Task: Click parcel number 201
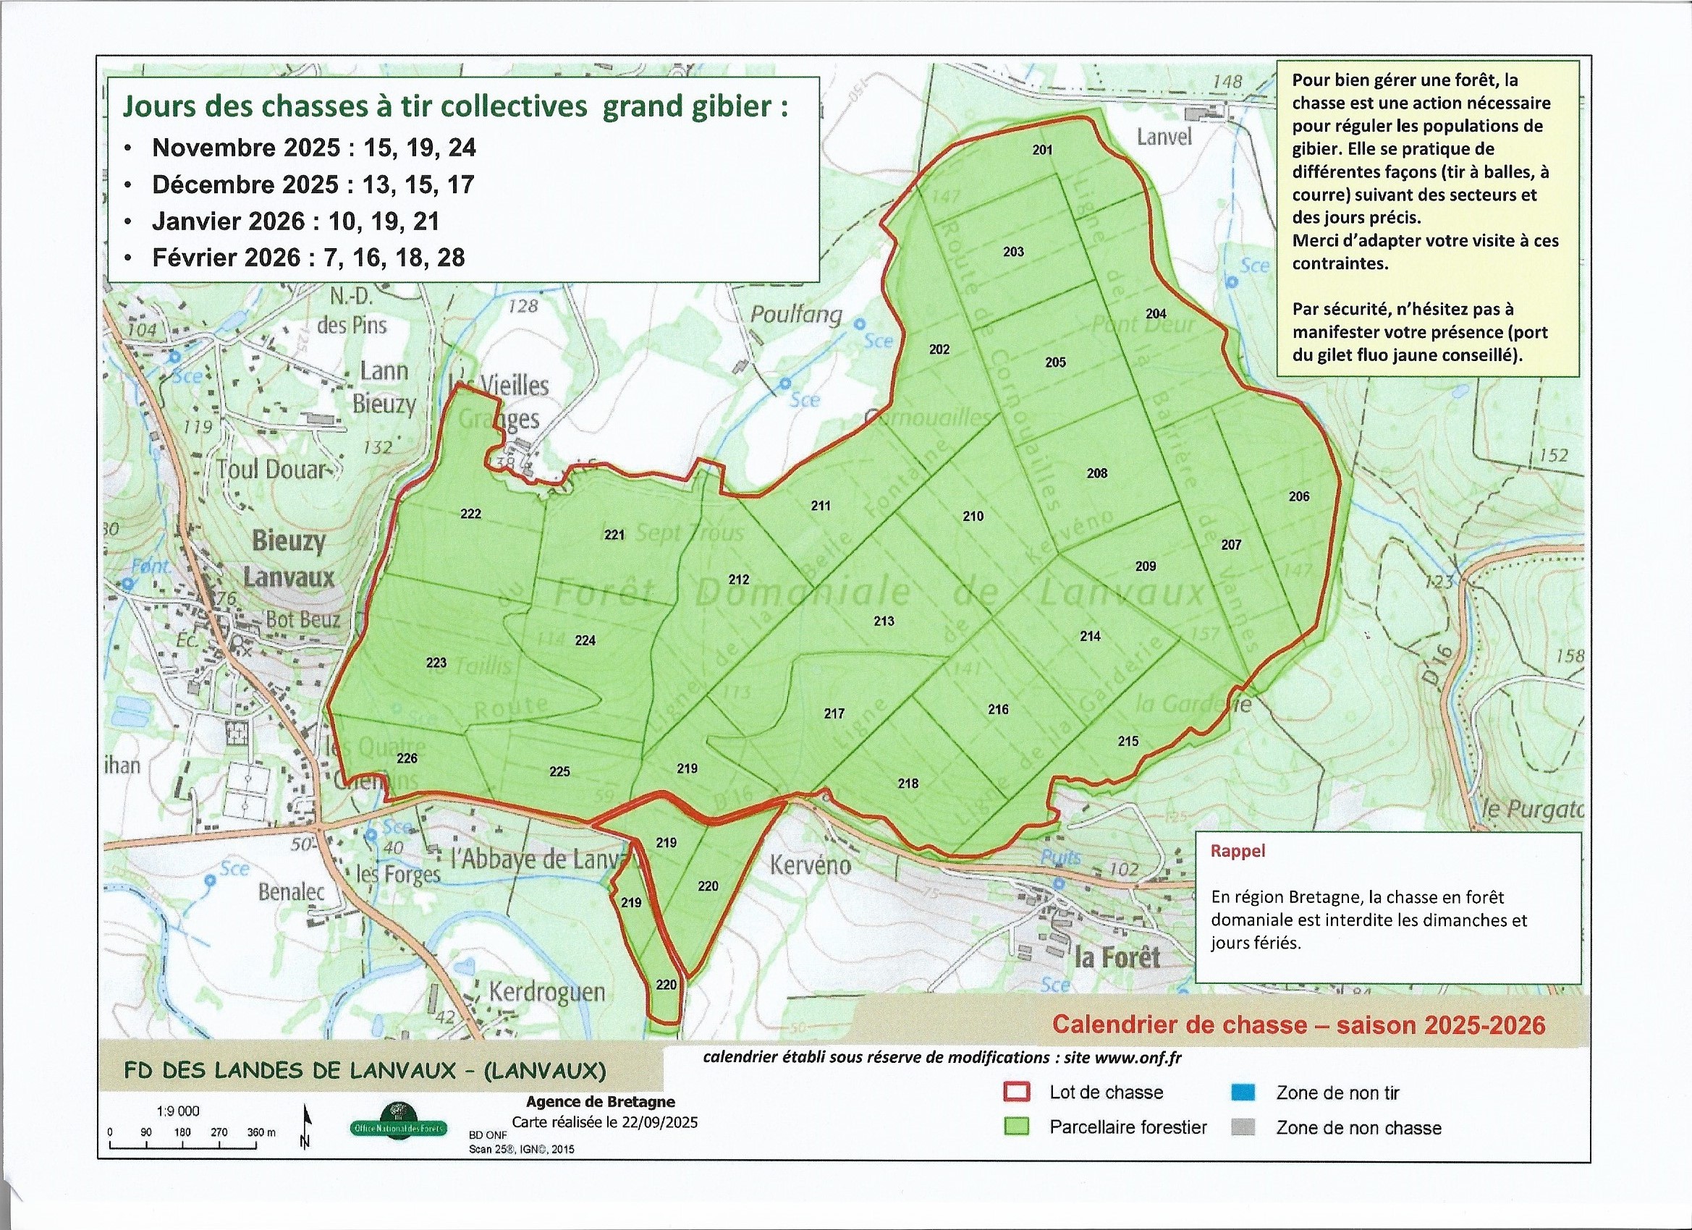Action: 1042,150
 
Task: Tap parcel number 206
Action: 1299,496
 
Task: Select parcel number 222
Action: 470,514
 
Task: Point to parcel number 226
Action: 407,758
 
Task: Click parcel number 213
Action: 884,621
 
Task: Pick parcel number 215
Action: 1128,741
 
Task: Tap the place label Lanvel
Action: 1164,137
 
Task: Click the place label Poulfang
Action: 795,314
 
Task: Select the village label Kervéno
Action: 811,865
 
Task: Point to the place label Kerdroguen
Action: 546,992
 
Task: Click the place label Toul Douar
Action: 272,469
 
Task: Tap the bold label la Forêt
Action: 1117,957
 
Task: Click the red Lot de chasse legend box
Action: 1018,1092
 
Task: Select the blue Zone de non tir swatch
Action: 1243,1093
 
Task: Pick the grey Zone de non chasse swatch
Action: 1243,1127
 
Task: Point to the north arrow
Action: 305,1127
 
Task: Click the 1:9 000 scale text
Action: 178,1111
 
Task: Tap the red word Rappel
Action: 1238,851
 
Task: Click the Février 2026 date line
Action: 308,258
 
